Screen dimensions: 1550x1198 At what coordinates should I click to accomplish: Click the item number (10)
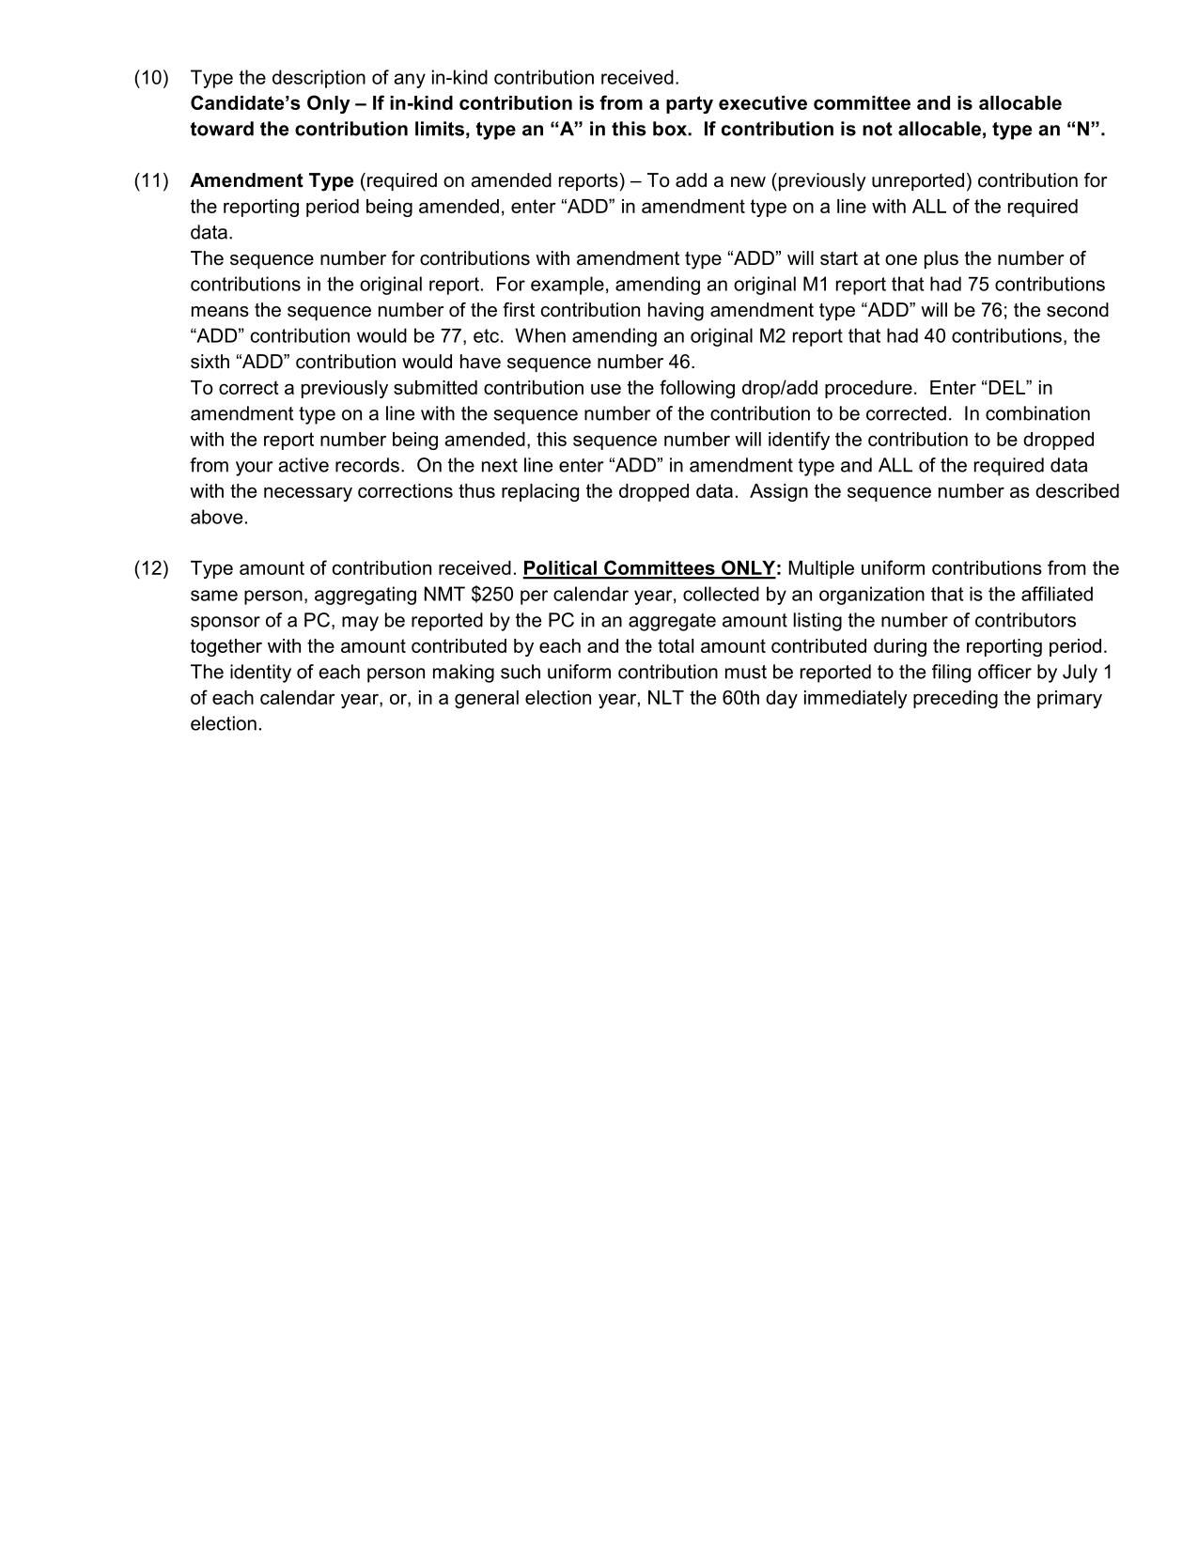[x=151, y=78]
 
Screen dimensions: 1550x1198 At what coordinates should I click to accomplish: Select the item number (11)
[x=151, y=181]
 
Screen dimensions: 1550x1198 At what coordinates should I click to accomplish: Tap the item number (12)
[x=151, y=569]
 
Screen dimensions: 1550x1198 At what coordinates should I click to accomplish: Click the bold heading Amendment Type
[x=272, y=181]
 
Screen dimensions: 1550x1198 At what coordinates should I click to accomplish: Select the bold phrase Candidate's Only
[x=270, y=103]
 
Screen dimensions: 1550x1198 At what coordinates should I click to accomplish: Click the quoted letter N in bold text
[x=1084, y=130]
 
